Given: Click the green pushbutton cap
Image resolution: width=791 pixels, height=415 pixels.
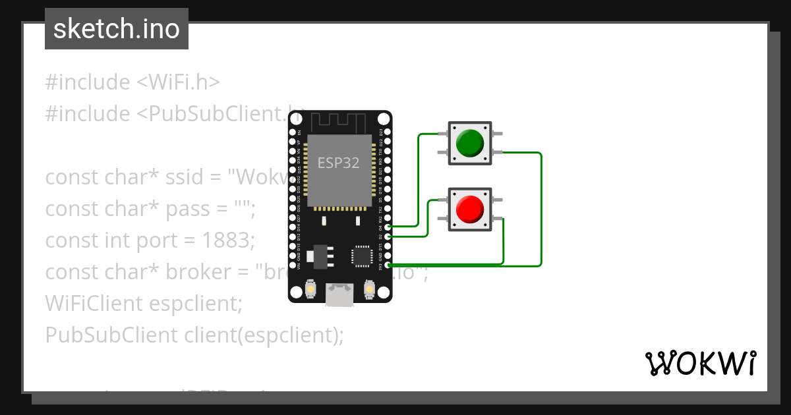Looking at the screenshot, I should click(470, 143).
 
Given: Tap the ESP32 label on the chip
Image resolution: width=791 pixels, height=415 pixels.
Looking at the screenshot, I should click(339, 163).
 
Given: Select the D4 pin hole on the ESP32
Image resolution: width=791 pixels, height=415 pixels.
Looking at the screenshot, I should click(388, 227).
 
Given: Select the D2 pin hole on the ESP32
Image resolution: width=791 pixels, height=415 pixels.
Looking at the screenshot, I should click(388, 236).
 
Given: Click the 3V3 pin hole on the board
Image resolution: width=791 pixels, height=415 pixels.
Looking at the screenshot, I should click(388, 265).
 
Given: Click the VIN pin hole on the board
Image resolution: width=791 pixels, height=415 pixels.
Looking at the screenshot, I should click(293, 265).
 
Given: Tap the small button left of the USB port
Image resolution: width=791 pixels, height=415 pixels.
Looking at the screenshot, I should click(311, 289).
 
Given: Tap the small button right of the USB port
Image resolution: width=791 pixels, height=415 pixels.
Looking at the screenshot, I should click(369, 289).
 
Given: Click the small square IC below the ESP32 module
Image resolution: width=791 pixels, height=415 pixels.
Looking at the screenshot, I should click(362, 256).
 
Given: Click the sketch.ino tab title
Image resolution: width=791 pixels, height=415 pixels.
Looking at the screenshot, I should click(116, 29).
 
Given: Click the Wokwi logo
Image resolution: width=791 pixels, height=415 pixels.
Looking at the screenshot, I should click(700, 363).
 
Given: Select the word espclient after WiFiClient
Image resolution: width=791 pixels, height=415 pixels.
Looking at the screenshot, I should click(195, 304).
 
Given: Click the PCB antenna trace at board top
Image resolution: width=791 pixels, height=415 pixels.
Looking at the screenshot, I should click(339, 123).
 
